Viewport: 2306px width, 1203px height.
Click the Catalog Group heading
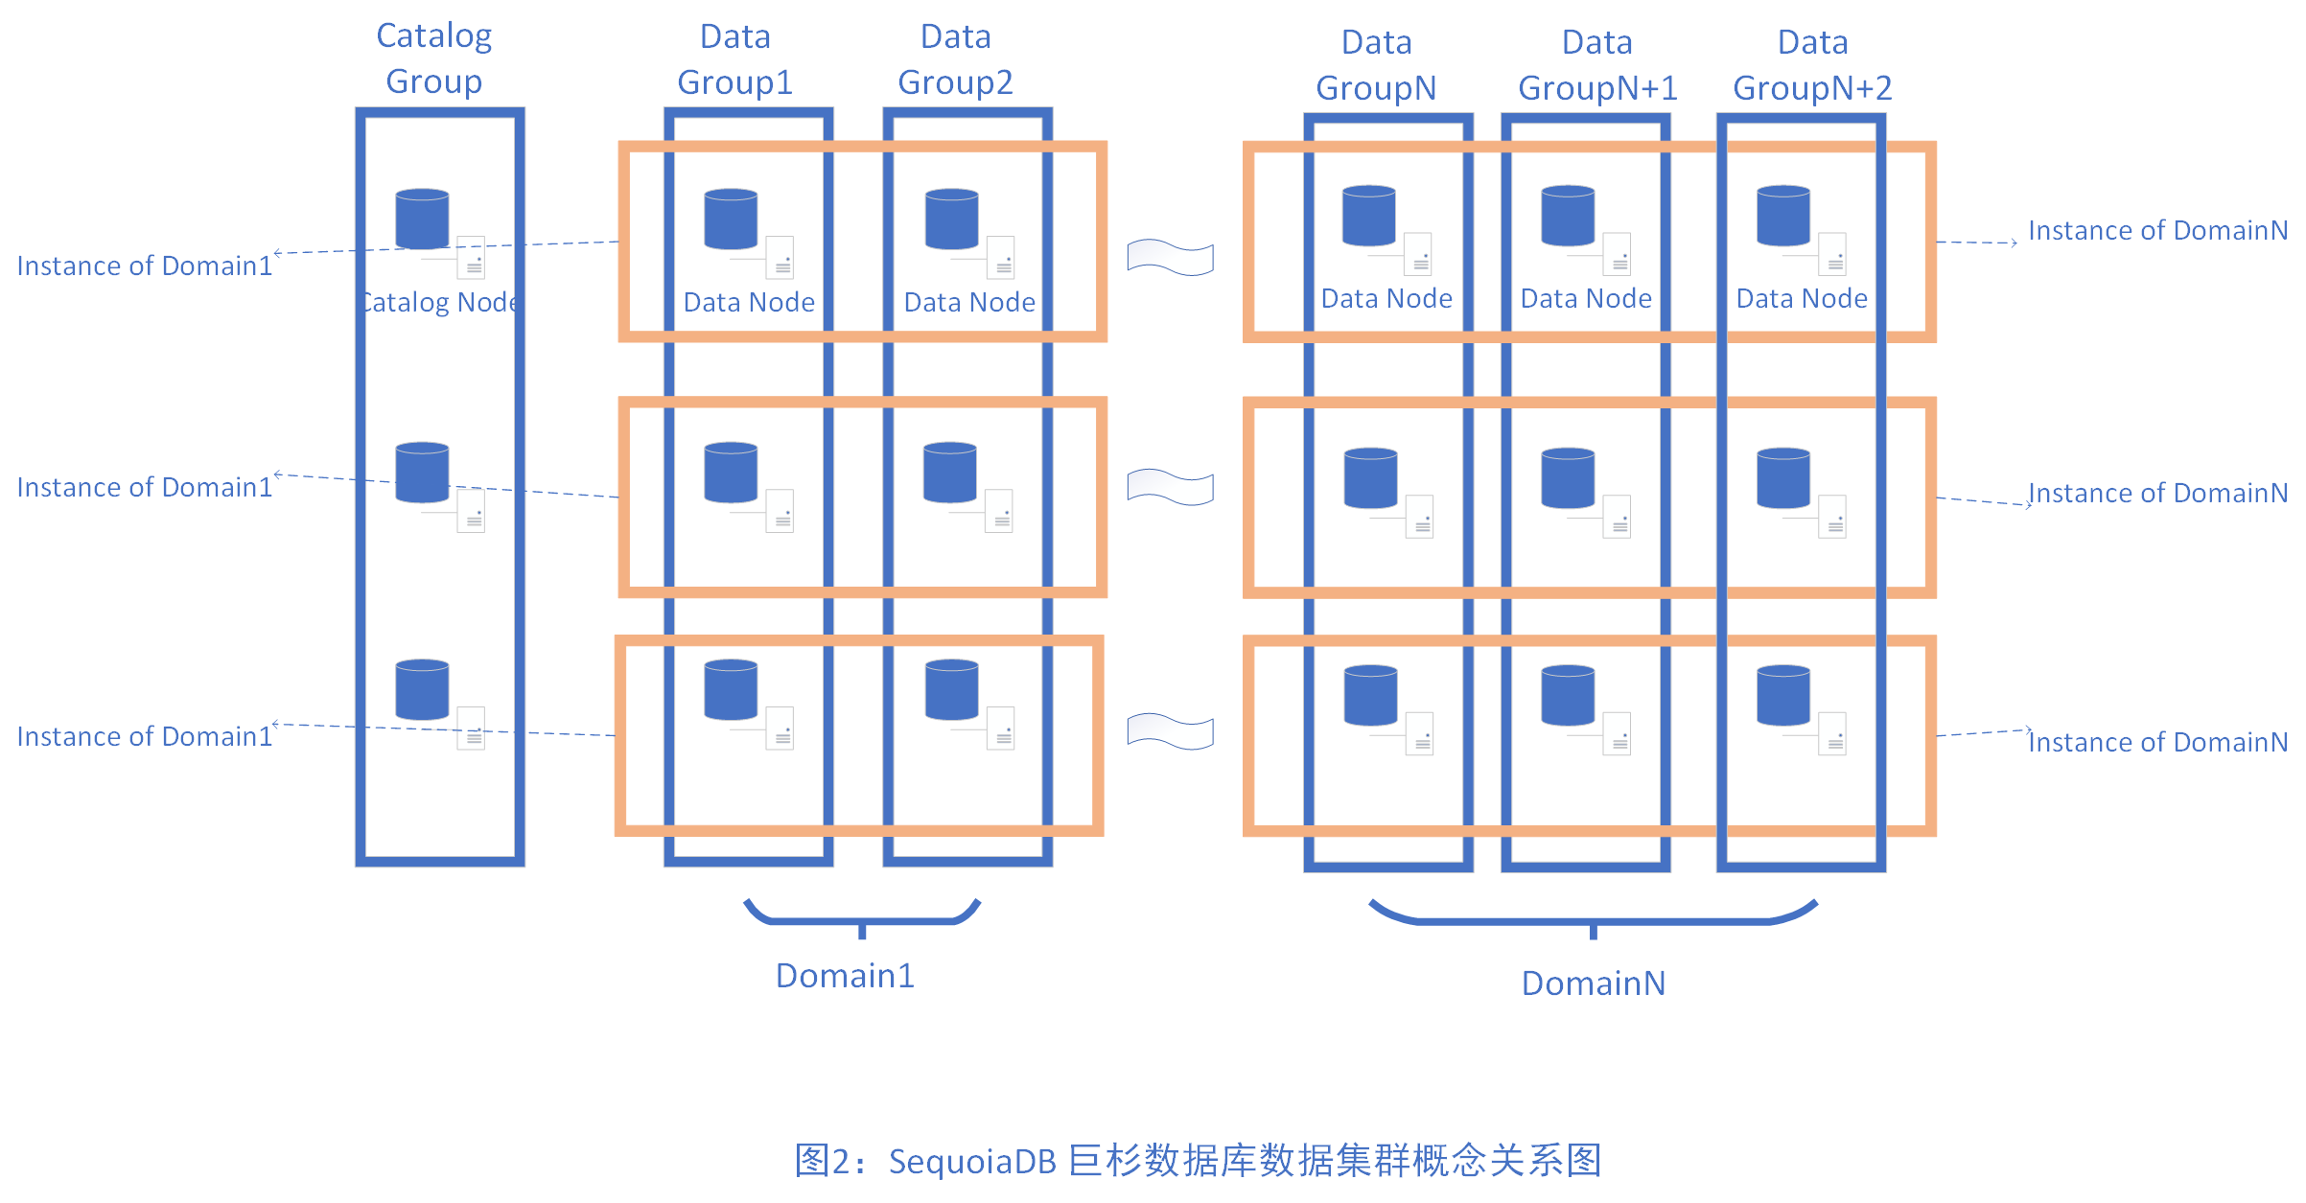(x=434, y=58)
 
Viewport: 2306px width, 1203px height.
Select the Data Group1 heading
(x=735, y=59)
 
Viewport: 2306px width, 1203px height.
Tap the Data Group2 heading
(x=955, y=59)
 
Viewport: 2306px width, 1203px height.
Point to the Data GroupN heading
(x=1376, y=65)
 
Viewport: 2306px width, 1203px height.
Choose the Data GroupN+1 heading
(x=1597, y=65)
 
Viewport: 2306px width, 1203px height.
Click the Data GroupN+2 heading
(x=1812, y=65)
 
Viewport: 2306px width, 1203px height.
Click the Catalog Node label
(x=441, y=303)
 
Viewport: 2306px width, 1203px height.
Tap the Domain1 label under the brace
(x=845, y=976)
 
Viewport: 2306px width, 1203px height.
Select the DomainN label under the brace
(x=1594, y=983)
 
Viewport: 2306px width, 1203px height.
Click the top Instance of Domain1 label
(x=145, y=266)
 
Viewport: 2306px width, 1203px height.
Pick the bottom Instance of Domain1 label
(x=145, y=737)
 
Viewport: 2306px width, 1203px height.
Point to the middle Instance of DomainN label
(x=2158, y=494)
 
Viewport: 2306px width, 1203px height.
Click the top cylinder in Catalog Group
(x=422, y=219)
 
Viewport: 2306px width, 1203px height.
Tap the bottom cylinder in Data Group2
(x=951, y=689)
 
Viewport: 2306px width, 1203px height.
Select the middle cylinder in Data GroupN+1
(x=1568, y=477)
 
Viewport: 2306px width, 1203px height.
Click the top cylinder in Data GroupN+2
(x=1783, y=216)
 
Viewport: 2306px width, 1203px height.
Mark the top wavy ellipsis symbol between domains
(x=1170, y=257)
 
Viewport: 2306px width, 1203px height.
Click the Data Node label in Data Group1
(x=749, y=303)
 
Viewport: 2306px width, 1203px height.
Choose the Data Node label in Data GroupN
(x=1386, y=299)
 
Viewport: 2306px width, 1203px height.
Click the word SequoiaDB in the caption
(x=972, y=1162)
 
